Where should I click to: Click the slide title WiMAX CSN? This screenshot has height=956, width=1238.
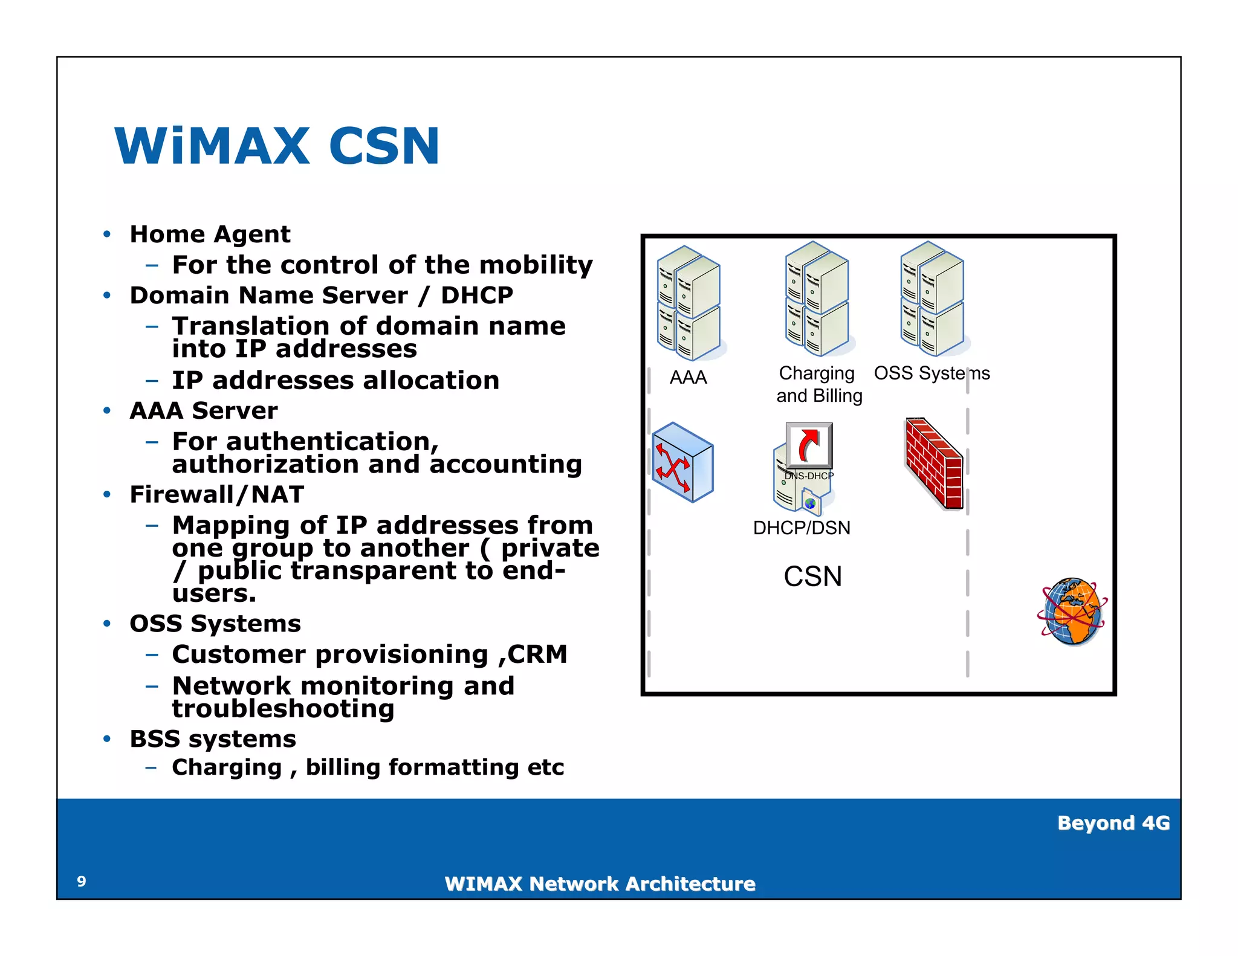(277, 146)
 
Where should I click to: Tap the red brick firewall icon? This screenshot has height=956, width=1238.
(933, 464)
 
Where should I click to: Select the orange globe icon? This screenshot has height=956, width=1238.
(1072, 612)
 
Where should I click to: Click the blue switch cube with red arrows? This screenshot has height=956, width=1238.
(683, 463)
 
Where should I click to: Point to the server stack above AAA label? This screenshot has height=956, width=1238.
(689, 303)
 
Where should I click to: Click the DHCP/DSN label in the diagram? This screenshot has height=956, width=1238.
(802, 528)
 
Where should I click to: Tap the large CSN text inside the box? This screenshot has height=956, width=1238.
(812, 577)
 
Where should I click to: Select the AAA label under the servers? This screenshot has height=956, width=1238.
(688, 378)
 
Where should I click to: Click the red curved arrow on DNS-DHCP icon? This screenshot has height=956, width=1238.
(809, 445)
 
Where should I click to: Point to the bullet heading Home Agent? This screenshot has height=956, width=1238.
(210, 234)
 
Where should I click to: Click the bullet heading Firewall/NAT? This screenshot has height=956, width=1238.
(216, 494)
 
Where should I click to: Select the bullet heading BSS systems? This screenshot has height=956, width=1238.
(213, 739)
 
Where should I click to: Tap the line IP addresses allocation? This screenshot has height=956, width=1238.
(335, 381)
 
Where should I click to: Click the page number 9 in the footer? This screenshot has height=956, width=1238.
(82, 882)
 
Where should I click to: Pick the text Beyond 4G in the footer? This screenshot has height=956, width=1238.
(1113, 823)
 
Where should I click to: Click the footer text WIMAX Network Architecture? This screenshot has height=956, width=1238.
(600, 884)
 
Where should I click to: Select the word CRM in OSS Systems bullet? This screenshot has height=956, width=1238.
(537, 654)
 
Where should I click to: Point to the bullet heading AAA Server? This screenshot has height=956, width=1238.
(204, 411)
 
